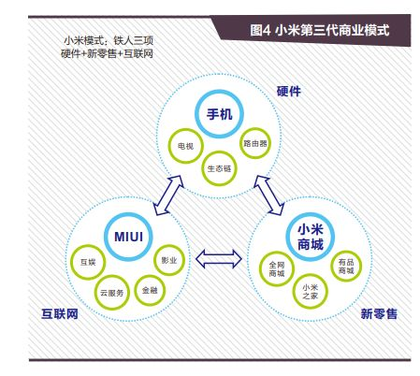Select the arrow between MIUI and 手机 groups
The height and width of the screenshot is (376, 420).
pos(168,195)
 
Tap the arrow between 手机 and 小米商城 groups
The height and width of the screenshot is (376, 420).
pos(269,195)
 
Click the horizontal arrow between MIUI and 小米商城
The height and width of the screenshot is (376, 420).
pos(219,258)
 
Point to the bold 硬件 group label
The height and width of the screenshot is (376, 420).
pos(289,91)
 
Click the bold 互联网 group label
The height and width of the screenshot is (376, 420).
pos(60,313)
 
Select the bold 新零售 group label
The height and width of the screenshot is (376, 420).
pos(379,313)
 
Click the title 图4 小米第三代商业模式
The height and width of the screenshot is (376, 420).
pos(320,30)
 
